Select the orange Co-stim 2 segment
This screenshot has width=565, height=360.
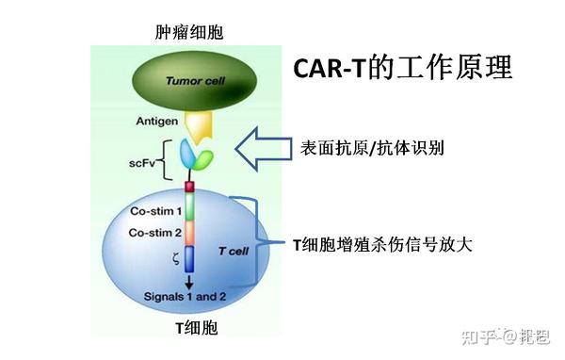(x=189, y=233)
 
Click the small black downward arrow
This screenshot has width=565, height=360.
(x=189, y=280)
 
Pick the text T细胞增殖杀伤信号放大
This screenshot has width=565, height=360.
(x=382, y=244)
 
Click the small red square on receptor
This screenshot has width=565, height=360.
(x=189, y=185)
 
